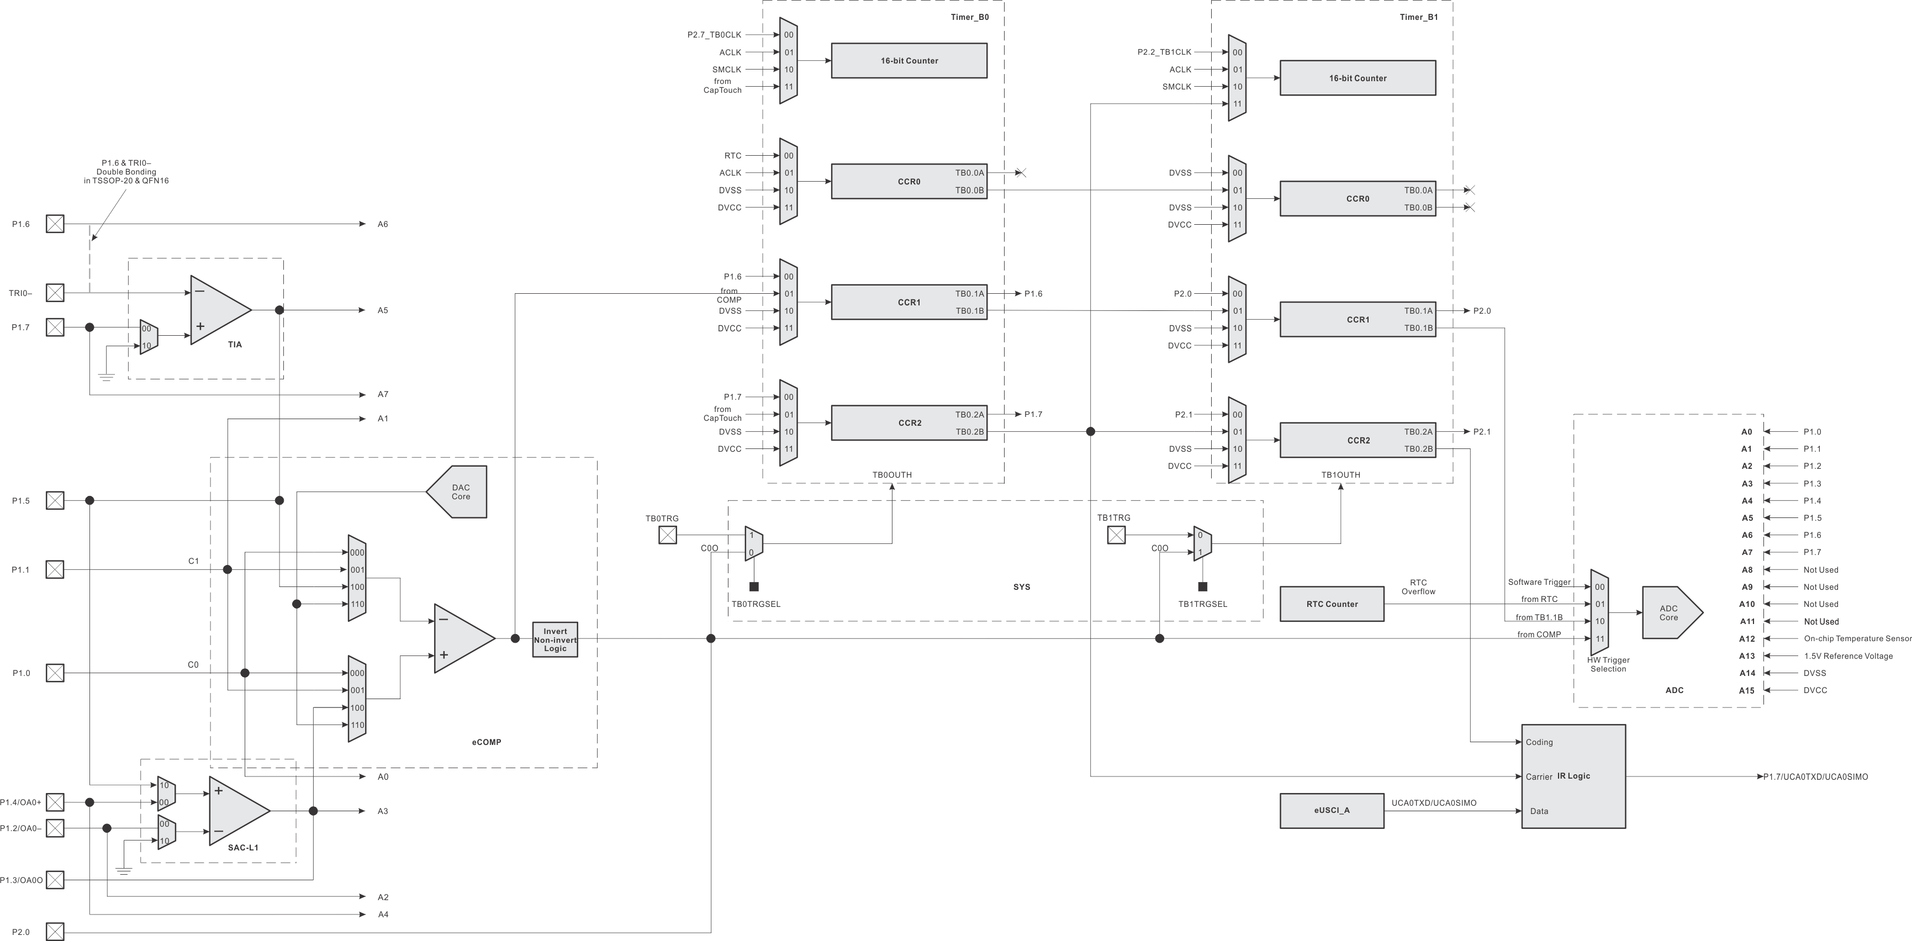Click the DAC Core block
pos(459,492)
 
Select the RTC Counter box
pos(1332,604)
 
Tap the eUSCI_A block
pos(1332,810)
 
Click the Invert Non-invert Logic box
pos(554,639)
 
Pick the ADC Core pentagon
pos(1670,613)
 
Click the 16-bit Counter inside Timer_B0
pos(909,61)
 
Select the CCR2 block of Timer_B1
pos(1358,441)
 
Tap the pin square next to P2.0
pos(55,932)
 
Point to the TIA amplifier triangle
pos(219,310)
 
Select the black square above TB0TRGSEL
pos(754,586)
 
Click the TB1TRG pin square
pos(1116,535)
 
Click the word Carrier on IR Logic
pos(1539,777)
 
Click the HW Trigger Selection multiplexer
pos(1599,613)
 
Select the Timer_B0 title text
pos(969,17)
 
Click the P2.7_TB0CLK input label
pos(714,35)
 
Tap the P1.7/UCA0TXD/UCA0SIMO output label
pos(1815,777)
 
